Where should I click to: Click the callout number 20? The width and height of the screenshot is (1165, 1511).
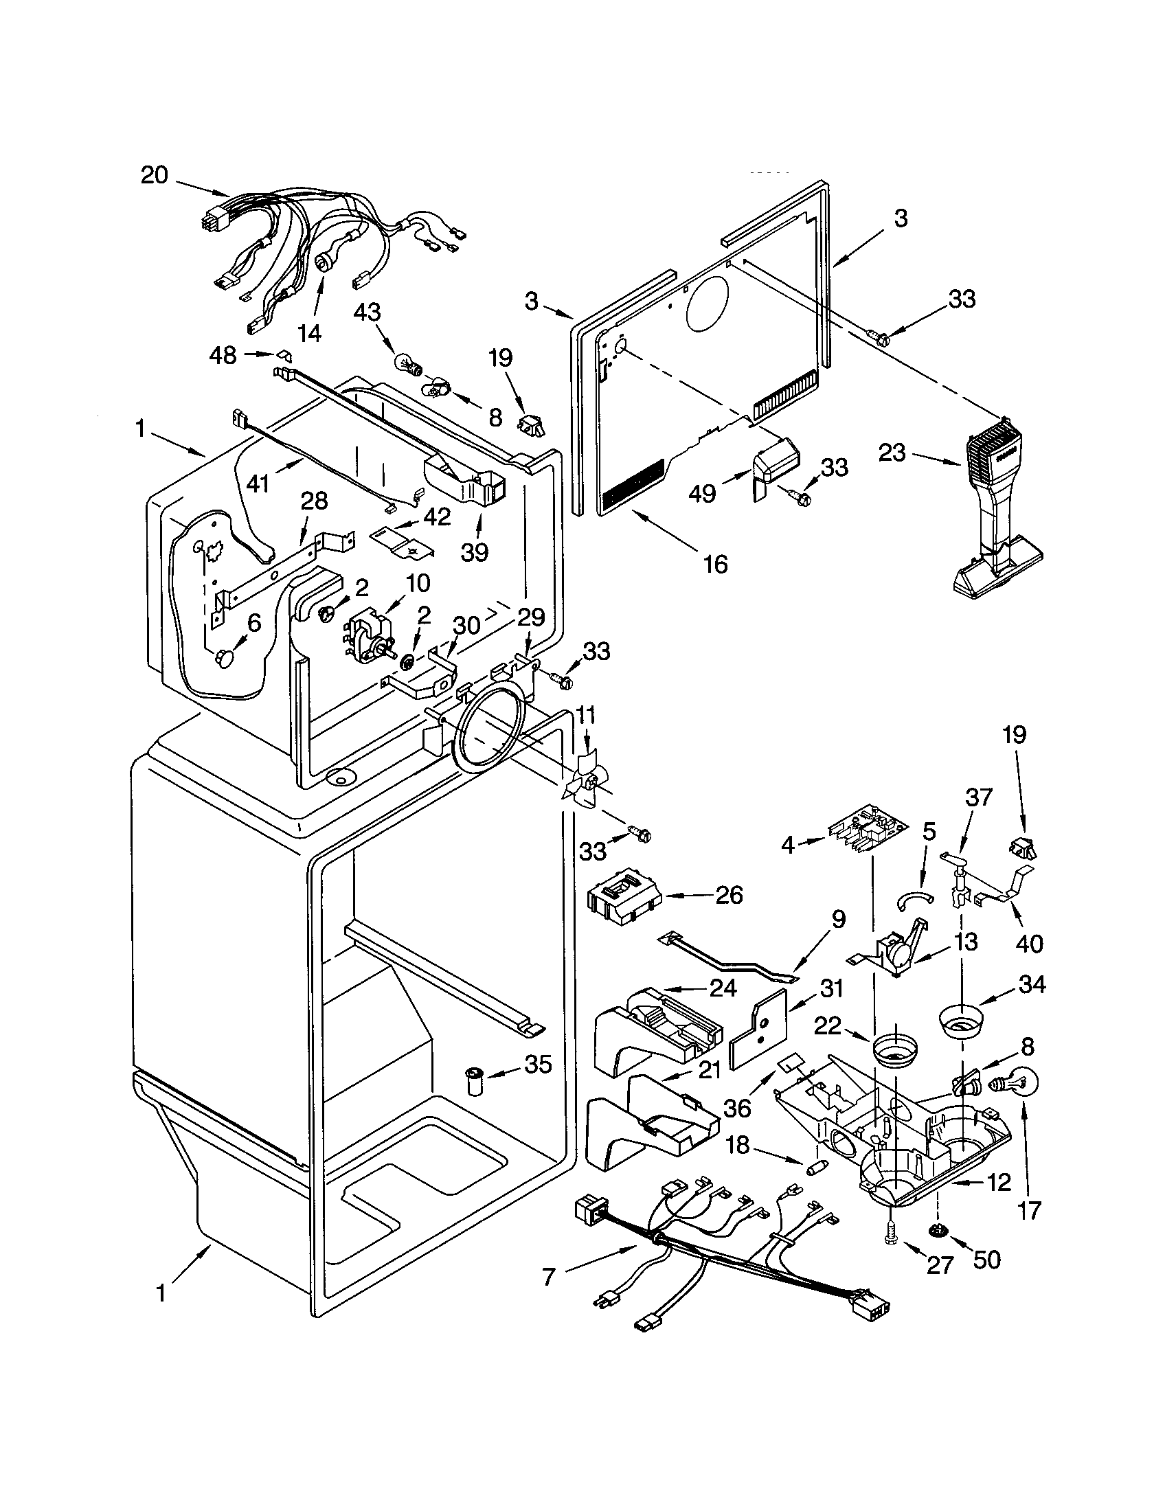(155, 175)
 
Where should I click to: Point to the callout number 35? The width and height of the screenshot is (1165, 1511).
(538, 1064)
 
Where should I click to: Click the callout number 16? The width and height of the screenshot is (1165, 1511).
(715, 564)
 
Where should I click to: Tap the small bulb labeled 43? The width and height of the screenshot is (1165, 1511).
(405, 361)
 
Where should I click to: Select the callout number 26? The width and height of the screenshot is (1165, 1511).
(727, 894)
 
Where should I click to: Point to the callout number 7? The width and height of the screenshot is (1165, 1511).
(549, 1277)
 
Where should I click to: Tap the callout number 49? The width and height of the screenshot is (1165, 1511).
(701, 494)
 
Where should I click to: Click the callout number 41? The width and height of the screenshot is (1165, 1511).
(258, 484)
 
